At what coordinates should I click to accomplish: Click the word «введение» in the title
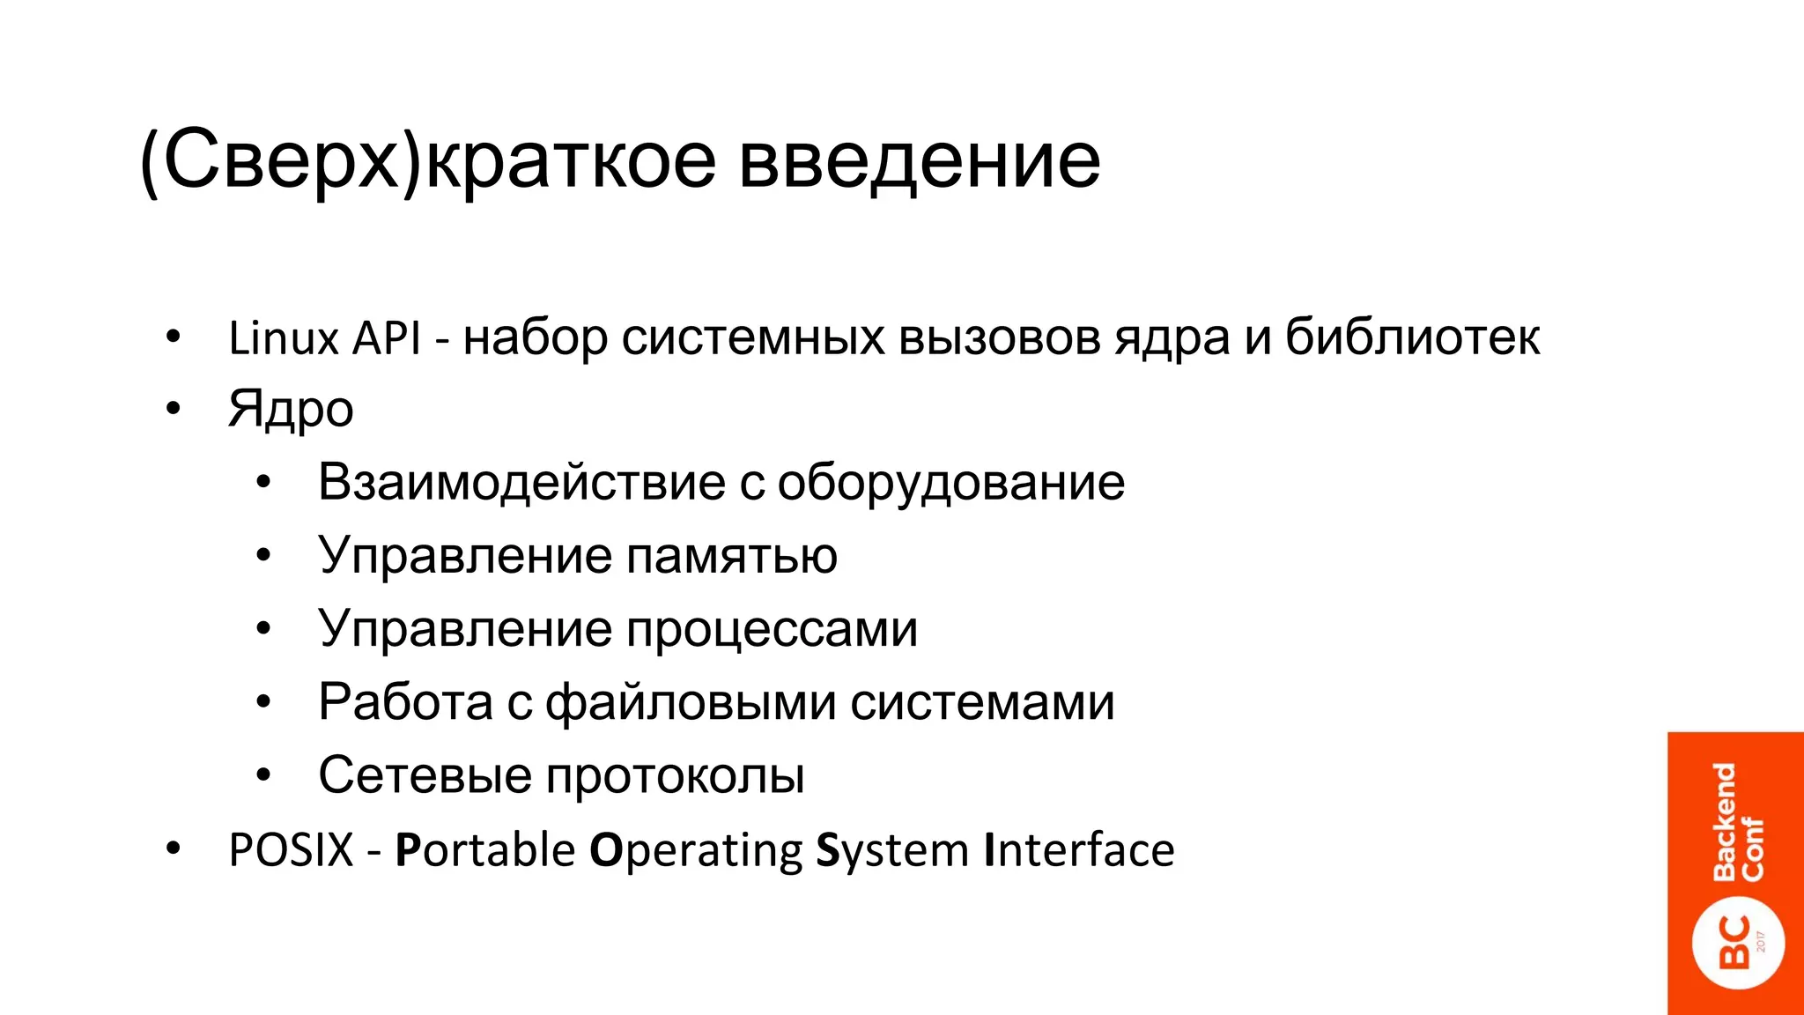919,160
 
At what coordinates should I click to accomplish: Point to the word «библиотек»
1412,337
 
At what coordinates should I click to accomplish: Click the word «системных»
752,337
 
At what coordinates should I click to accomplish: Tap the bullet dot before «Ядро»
174,408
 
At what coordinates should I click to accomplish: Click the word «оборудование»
950,482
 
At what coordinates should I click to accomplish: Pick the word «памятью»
732,556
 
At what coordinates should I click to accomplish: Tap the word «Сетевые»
425,775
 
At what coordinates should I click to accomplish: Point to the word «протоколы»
675,775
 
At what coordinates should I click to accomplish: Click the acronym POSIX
291,850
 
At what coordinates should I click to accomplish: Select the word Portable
485,850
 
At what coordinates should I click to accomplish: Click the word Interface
1079,850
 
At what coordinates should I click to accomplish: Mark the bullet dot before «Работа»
263,702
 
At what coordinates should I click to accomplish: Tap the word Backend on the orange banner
1724,822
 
